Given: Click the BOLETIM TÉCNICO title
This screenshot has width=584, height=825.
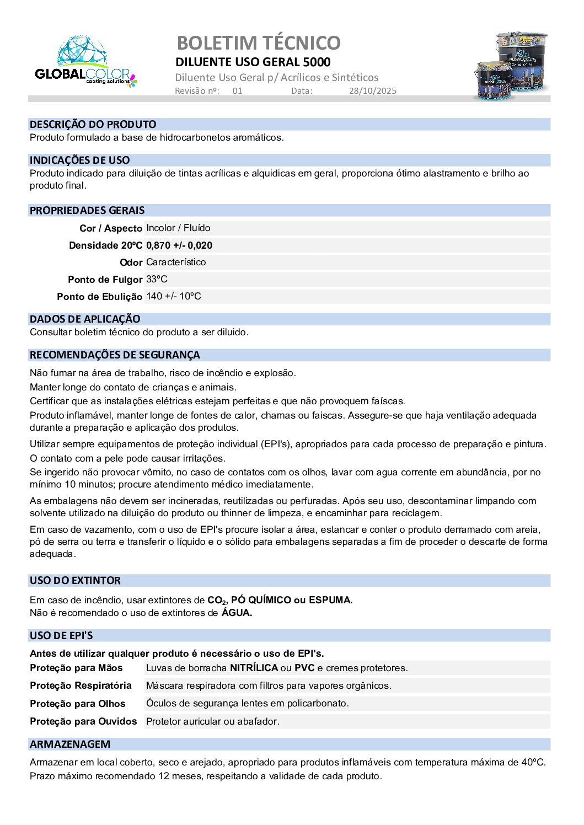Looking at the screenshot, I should click(259, 42).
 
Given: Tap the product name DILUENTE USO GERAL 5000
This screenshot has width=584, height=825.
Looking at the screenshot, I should click(253, 62).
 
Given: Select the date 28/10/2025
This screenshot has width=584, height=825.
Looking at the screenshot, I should click(372, 91).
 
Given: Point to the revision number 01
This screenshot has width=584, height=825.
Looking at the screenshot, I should click(237, 91).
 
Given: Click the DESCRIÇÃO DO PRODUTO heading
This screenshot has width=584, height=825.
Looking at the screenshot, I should click(93, 125).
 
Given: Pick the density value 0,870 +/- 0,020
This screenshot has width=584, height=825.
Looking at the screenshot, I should click(179, 245).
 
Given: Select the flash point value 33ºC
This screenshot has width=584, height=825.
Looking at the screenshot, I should click(157, 280).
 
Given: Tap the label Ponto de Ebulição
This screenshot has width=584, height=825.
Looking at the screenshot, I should click(100, 297).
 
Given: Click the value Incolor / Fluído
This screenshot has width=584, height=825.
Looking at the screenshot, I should click(178, 228).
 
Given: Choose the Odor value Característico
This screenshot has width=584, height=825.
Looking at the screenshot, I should click(176, 262).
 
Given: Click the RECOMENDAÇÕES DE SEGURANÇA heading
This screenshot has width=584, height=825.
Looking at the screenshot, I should click(115, 355).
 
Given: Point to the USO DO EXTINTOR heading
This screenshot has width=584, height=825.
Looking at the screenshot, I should click(75, 581).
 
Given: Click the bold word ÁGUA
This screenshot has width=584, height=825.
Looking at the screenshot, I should click(237, 613).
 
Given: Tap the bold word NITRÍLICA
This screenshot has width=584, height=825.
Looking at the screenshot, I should click(254, 668).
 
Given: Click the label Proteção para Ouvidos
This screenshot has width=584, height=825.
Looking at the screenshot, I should click(83, 721).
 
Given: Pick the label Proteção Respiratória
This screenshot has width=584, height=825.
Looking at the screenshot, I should click(81, 685).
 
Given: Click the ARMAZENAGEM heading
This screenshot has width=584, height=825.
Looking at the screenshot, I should click(70, 744).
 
